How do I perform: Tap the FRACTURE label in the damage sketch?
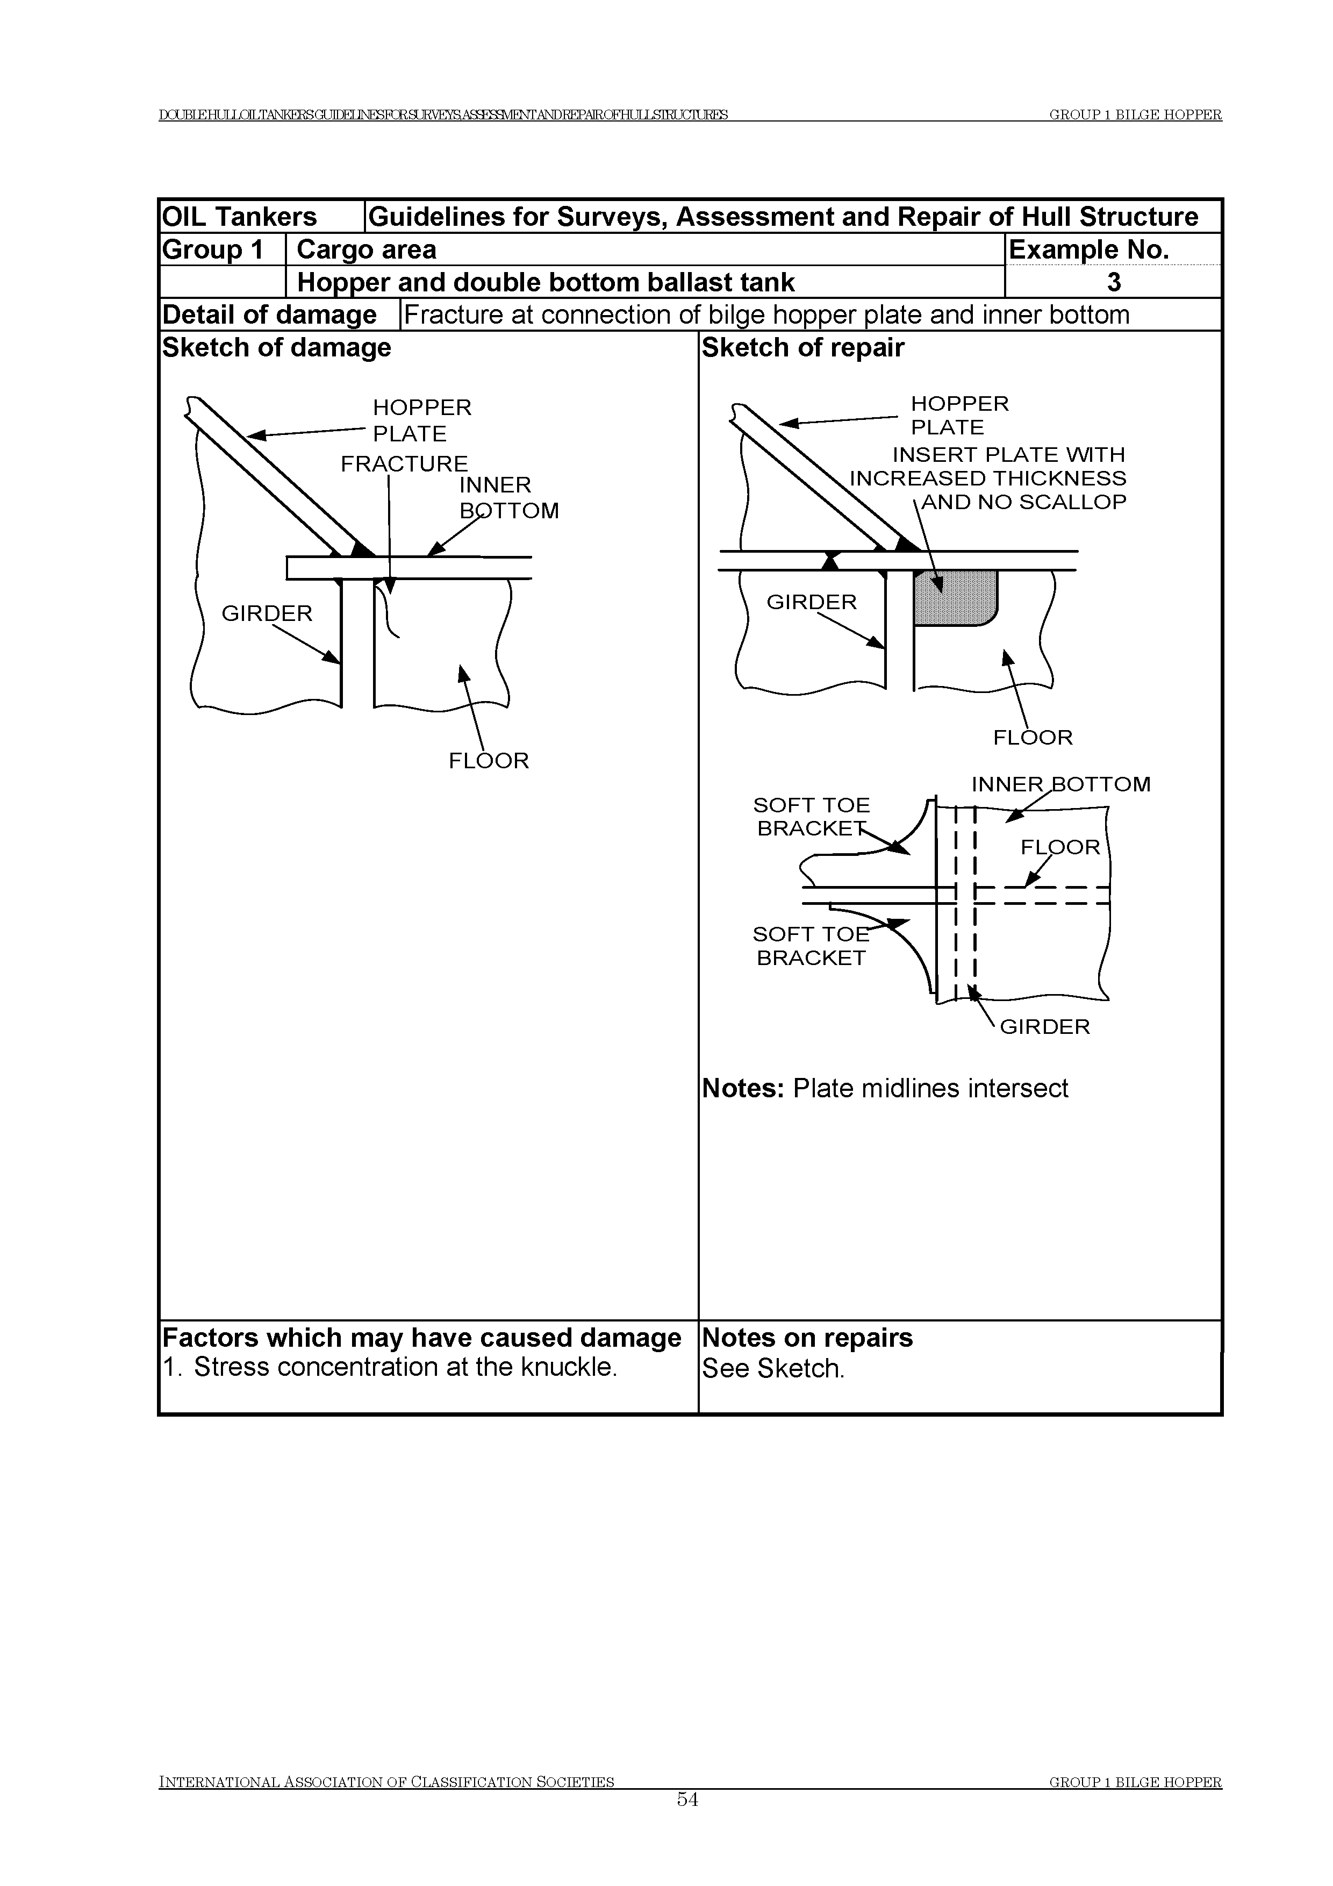[x=404, y=464]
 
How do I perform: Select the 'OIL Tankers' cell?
[x=240, y=217]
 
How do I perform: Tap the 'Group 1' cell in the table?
[x=213, y=249]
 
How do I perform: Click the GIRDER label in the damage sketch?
[x=267, y=613]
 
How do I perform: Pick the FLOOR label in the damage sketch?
[x=489, y=761]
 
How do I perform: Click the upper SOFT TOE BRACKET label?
[x=812, y=817]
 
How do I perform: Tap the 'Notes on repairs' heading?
[x=807, y=1338]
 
